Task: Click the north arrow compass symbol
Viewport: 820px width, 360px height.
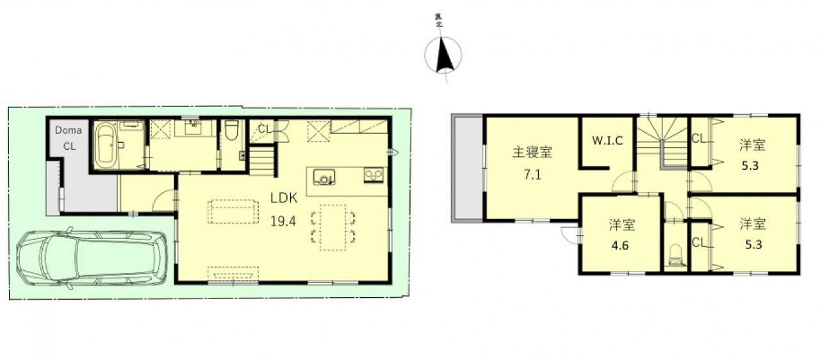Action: (x=443, y=55)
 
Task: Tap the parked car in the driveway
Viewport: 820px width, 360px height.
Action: (x=92, y=258)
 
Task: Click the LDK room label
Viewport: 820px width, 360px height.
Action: (x=284, y=198)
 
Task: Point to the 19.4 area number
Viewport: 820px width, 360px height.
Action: (x=283, y=221)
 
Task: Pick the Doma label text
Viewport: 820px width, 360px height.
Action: (x=69, y=130)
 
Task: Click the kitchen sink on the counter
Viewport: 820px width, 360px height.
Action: (x=324, y=177)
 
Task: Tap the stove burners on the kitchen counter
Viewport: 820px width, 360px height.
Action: (x=373, y=175)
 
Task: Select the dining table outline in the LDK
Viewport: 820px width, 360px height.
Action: (x=332, y=227)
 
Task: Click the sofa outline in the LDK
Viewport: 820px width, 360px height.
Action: (x=233, y=211)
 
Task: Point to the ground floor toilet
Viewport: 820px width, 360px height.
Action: (x=231, y=131)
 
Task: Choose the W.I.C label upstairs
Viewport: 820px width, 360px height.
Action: (x=607, y=140)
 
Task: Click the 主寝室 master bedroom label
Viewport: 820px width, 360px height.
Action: (x=532, y=152)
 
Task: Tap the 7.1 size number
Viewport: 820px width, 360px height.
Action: (x=532, y=175)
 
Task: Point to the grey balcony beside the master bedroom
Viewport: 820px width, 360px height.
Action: (x=468, y=168)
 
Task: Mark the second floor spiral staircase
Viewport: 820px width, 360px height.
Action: (x=662, y=143)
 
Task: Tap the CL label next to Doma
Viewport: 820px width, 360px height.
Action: (x=69, y=146)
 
